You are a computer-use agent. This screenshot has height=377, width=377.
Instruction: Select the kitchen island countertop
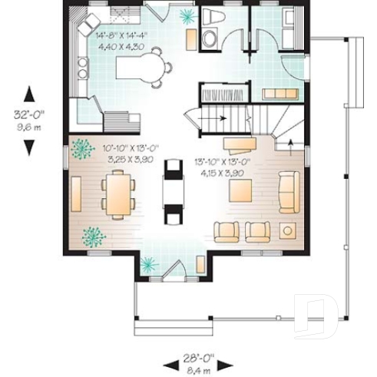tap(138, 68)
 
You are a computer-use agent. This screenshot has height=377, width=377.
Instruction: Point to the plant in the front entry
tap(149, 265)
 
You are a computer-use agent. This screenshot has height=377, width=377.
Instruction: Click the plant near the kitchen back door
tap(187, 16)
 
